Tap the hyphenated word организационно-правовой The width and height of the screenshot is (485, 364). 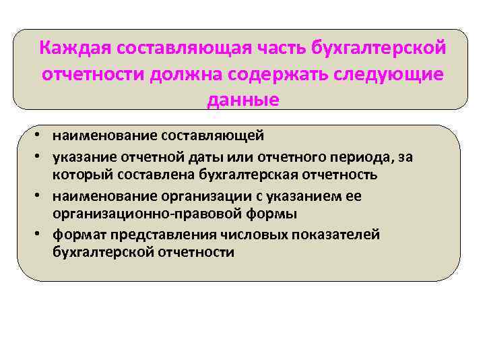click(x=139, y=214)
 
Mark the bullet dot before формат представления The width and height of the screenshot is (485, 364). click(x=42, y=234)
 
